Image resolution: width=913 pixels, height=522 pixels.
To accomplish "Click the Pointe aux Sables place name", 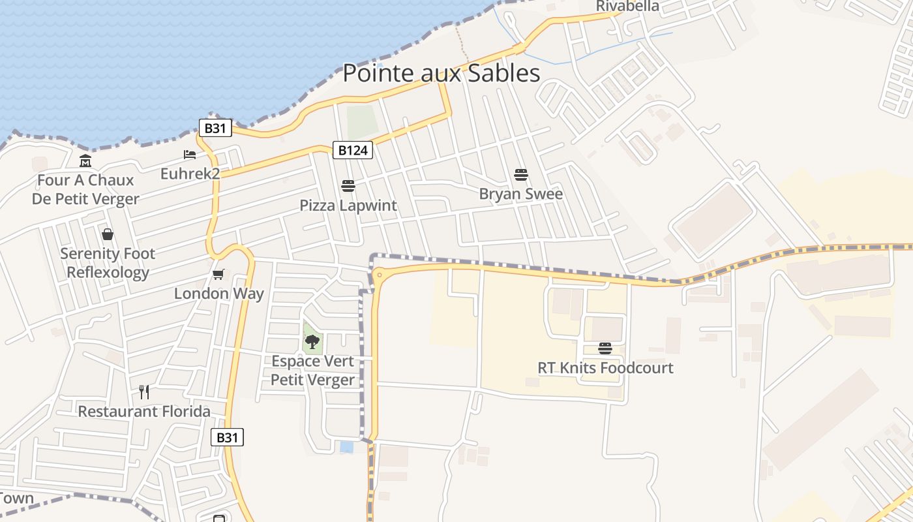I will coord(442,73).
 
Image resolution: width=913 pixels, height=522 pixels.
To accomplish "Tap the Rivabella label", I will coord(627,7).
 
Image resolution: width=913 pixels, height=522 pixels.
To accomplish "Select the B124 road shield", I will coord(353,151).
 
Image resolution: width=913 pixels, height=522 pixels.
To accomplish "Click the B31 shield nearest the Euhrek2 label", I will coord(215,128).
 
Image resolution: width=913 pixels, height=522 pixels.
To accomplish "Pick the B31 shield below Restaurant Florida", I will coord(227,437).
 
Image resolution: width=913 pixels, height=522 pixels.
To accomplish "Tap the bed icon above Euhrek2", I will coord(190,155).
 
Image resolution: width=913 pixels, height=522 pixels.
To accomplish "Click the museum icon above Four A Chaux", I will coord(85,161).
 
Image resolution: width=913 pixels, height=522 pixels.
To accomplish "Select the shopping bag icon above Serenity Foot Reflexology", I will coord(108,234).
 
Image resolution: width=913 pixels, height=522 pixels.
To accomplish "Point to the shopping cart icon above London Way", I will coord(218,274).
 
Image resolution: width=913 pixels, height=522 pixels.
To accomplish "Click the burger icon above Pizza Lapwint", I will coord(348,186).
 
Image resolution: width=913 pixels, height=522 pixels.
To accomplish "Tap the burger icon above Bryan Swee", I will coord(520,174).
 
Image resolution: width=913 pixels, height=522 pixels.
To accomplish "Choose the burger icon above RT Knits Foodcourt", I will coord(605,348).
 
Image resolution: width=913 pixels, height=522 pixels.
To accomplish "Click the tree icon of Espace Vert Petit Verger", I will coord(312,341).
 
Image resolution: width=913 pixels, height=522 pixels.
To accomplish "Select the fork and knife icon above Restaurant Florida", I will coord(144,391).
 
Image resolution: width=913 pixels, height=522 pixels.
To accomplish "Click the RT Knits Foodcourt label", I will coord(605,368).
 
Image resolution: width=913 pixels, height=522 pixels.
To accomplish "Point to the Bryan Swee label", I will coord(520,194).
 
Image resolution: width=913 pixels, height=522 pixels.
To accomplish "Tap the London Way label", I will coord(218,294).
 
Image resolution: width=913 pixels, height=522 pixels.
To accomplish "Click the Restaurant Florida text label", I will coord(144,412).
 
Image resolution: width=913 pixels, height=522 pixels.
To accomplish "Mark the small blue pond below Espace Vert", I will coord(346,447).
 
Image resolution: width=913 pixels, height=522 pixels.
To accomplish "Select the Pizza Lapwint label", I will coord(348,206).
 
